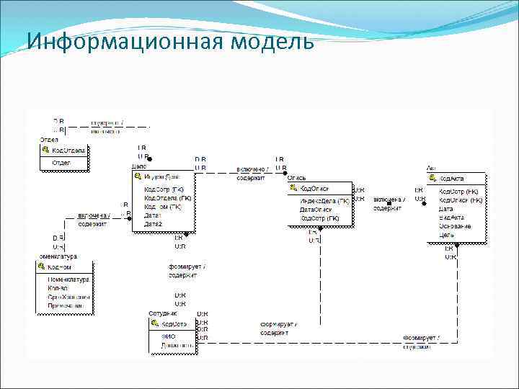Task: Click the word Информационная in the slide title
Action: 126,43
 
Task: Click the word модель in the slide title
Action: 273,43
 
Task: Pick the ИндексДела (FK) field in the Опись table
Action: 324,201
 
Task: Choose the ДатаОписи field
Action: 316,210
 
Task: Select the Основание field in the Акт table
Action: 455,226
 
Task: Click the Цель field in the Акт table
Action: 446,234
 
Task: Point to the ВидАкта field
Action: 451,218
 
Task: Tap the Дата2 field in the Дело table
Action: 153,224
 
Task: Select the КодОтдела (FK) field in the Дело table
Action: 167,197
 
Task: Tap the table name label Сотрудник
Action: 162,314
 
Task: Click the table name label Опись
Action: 297,177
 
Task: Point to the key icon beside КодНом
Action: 42,267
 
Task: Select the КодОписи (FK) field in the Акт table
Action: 461,200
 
